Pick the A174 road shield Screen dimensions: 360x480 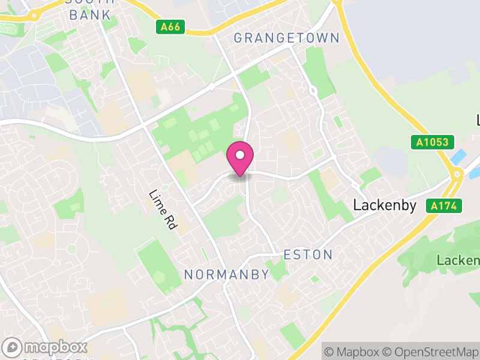[x=445, y=206]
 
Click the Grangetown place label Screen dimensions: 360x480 [x=286, y=38]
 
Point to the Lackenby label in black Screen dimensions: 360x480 [x=384, y=205]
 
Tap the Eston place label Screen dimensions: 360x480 [x=308, y=255]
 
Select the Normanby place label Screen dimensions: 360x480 [x=226, y=275]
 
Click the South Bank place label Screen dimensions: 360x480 [x=90, y=10]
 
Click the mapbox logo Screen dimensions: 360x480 [x=46, y=347]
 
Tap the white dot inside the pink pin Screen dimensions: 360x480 [x=240, y=155]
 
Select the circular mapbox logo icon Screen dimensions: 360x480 [x=13, y=347]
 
